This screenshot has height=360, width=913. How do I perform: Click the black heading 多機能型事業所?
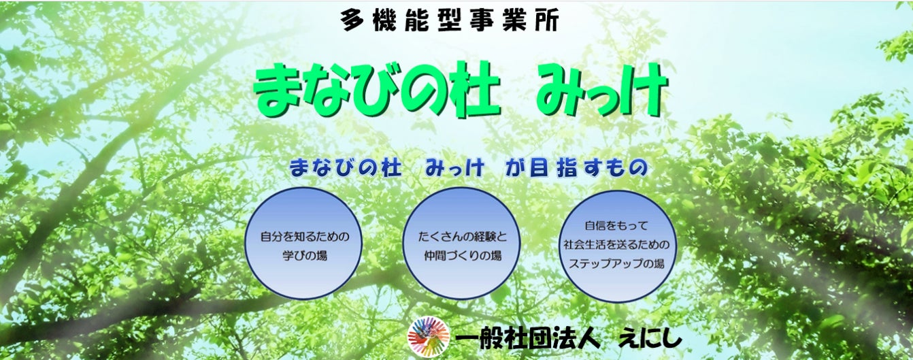pos(449,20)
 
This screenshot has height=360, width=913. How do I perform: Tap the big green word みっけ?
pos(602,91)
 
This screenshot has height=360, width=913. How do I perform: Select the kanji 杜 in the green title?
pos(473,91)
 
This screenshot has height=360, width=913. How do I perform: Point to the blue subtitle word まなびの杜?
pos(346,168)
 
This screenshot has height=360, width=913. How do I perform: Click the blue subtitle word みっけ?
pos(455,168)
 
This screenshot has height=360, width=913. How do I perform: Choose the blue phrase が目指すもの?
pos(577,168)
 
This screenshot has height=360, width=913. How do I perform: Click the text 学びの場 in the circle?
pos(305,256)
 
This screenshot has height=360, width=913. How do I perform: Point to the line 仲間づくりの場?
pos(463,256)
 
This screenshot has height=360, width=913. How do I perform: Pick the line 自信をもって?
pos(616,225)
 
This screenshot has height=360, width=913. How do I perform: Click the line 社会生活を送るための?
pos(616,244)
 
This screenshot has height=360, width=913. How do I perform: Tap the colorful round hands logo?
pos(429,336)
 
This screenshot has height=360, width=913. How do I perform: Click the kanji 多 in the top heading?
pos(352,20)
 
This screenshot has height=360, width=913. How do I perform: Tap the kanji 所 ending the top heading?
pos(547,20)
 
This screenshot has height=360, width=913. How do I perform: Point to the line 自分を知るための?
pos(305,236)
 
